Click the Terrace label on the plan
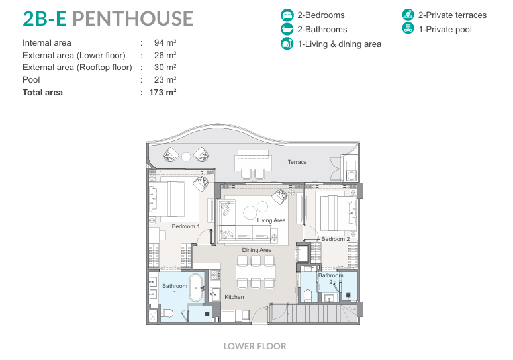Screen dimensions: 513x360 (297, 162)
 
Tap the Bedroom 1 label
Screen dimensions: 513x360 (185, 226)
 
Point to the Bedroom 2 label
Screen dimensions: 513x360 (336, 239)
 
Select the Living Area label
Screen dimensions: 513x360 (271, 220)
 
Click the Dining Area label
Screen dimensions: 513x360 (257, 250)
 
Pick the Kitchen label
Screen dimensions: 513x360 (234, 297)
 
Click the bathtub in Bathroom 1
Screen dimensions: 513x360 (196, 288)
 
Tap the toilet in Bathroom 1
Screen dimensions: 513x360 (167, 313)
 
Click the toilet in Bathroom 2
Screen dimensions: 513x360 (308, 296)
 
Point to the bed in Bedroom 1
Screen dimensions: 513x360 (173, 199)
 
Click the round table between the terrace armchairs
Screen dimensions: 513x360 (186, 157)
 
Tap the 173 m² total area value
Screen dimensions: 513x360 (163, 93)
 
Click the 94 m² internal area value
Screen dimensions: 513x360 (165, 43)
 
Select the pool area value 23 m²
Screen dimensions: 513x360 (165, 80)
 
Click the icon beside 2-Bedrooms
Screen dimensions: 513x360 (287, 15)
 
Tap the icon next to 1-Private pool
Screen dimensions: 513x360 (408, 28)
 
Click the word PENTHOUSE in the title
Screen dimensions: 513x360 (133, 19)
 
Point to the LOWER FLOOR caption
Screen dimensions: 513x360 (255, 346)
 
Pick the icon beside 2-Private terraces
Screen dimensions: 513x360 (408, 15)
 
